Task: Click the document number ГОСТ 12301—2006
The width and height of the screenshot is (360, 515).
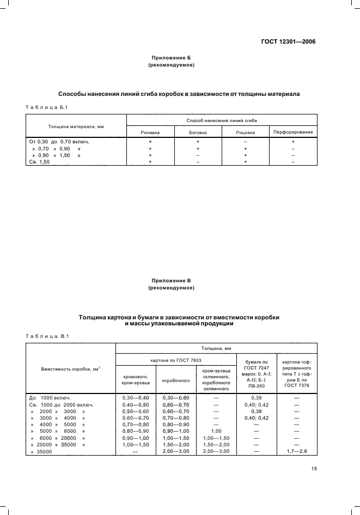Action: [289, 41]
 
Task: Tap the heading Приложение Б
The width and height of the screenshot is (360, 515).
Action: [172, 58]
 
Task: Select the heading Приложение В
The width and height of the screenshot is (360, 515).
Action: [172, 280]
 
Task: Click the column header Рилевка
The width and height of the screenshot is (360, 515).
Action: [150, 132]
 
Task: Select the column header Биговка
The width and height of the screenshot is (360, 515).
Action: [198, 132]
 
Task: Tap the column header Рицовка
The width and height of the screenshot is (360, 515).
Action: [245, 132]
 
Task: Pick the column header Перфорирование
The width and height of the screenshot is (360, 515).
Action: [293, 132]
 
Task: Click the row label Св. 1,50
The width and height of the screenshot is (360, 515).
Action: [39, 162]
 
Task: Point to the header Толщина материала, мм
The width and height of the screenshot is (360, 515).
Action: [76, 126]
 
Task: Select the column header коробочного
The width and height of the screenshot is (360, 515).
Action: [176, 380]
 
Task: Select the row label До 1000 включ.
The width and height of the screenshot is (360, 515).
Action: [50, 398]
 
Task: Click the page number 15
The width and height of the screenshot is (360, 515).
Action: [314, 469]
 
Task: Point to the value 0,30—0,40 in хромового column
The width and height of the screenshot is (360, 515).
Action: [136, 398]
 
